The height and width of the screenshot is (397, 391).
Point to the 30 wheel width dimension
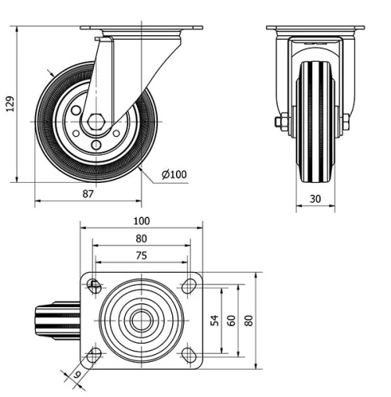pos(315,198)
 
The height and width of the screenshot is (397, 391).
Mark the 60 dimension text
pos(231,321)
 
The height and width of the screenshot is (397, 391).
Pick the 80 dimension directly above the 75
pos(142,238)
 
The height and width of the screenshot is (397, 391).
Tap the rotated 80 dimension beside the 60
pos(249,321)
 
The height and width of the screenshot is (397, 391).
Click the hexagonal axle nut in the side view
pos(95,122)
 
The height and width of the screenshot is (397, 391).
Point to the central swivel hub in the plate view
pos(142,320)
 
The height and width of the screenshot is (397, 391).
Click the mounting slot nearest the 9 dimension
pos(95,356)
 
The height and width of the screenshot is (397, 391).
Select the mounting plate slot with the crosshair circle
pos(95,285)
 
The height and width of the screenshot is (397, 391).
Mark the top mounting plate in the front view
pos(315,28)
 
